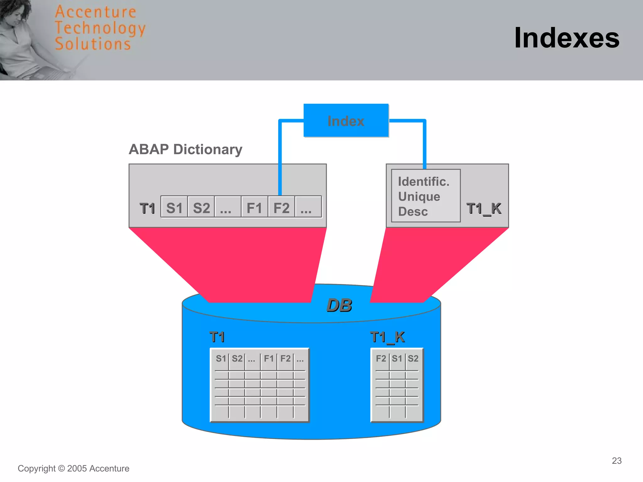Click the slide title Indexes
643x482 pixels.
coord(567,38)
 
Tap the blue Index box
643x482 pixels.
coord(346,121)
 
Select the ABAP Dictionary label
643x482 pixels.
coord(186,149)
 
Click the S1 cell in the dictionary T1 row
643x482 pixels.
coord(174,208)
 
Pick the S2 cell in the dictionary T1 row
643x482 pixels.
coord(201,208)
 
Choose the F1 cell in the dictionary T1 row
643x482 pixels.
coord(254,208)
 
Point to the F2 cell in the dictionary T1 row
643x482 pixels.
coord(281,208)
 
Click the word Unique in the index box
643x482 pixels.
coord(419,197)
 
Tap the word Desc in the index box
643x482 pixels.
coord(413,212)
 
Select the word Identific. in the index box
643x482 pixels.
coord(424,182)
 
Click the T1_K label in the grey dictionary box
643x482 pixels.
coord(484,209)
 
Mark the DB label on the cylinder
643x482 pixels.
coord(339,305)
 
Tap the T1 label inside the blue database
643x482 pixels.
coord(217,337)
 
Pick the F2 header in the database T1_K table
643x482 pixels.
coord(381,358)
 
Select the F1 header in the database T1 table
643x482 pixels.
coord(269,358)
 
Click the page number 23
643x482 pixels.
coord(617,461)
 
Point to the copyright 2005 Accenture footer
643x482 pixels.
coord(73,469)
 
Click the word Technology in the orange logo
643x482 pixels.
coord(100,28)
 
